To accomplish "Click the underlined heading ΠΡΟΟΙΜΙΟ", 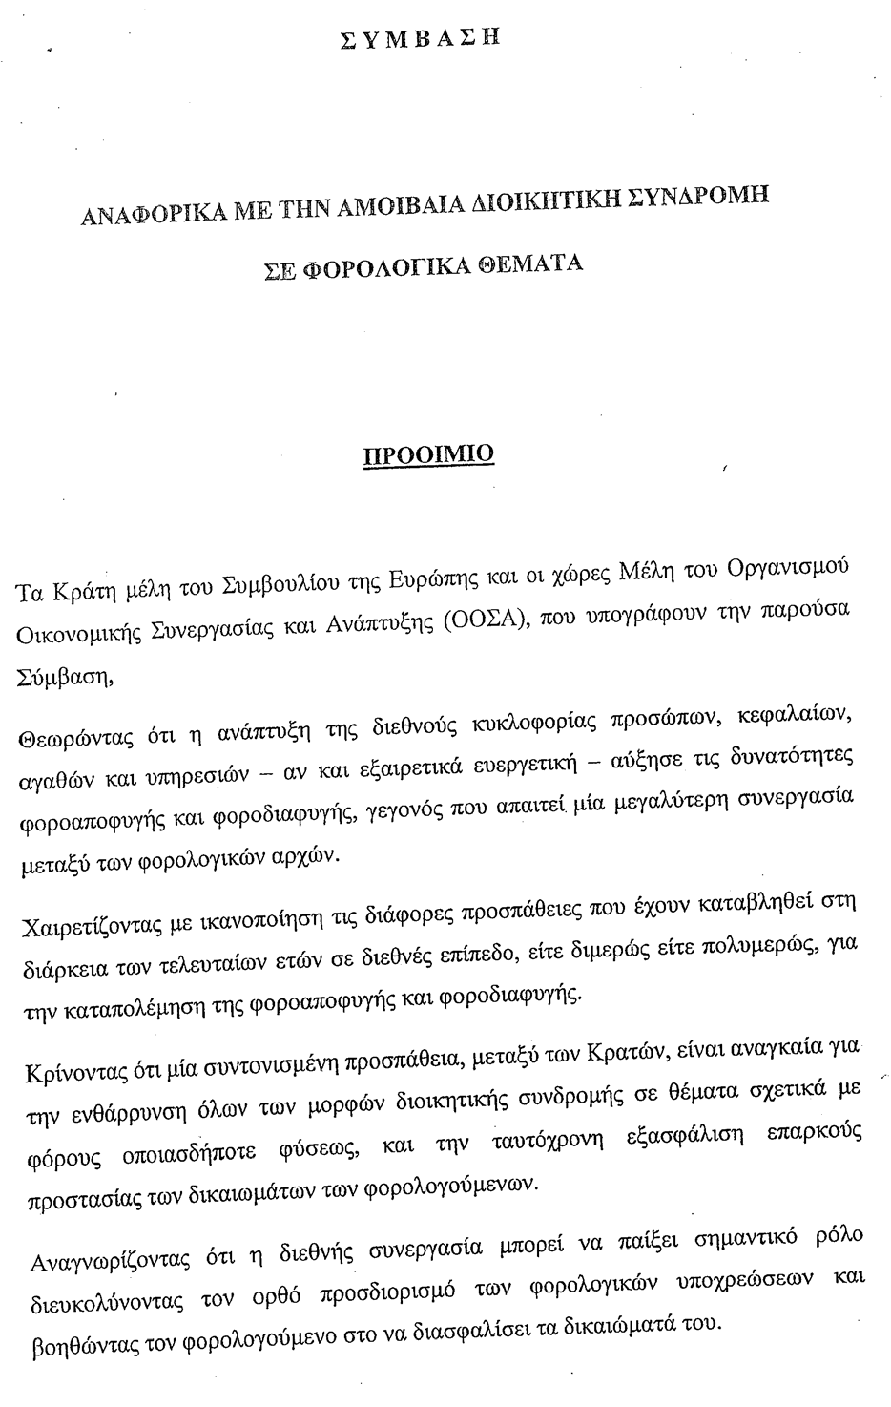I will (x=428, y=451).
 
